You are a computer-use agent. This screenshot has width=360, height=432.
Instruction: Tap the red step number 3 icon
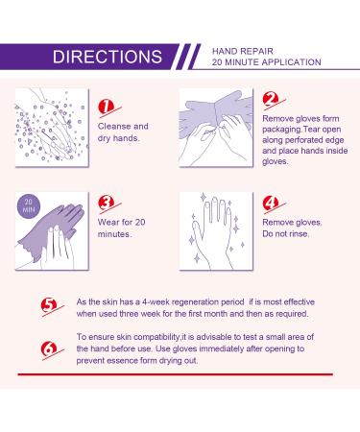click(107, 204)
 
